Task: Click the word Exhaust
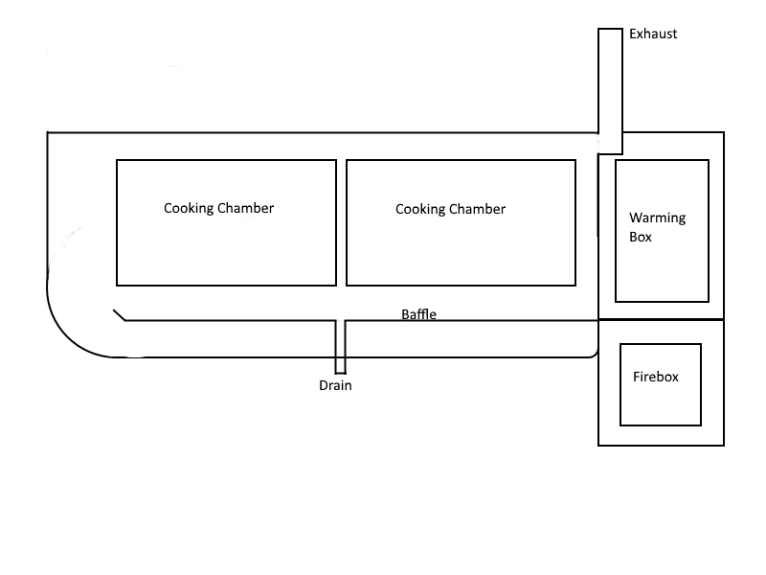click(653, 34)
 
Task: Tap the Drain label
click(336, 386)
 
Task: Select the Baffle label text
click(419, 313)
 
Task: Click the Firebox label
click(656, 377)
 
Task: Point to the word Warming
click(657, 218)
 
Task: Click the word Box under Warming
click(641, 236)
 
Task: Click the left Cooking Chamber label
click(218, 208)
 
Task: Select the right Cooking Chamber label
click(450, 209)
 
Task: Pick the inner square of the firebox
click(660, 402)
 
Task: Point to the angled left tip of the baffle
click(119, 314)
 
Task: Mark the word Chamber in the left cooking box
click(246, 208)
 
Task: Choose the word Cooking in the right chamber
click(421, 209)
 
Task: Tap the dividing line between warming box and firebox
click(661, 319)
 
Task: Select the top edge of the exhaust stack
click(611, 29)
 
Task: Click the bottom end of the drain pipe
click(340, 373)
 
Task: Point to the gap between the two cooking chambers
click(342, 222)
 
